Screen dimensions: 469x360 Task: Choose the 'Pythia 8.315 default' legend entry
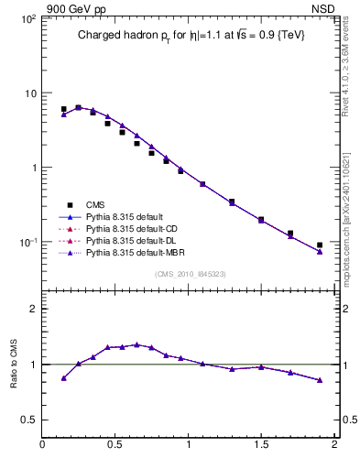point(127,217)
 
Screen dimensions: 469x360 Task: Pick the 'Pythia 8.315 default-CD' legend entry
point(134,228)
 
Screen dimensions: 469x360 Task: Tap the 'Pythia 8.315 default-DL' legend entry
point(134,239)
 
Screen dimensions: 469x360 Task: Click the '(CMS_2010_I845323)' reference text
point(188,272)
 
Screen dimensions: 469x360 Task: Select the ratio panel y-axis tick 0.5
point(28,420)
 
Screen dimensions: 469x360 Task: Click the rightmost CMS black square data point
point(320,245)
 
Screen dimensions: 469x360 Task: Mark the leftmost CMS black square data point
point(64,109)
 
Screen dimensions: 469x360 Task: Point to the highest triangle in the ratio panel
point(137,344)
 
